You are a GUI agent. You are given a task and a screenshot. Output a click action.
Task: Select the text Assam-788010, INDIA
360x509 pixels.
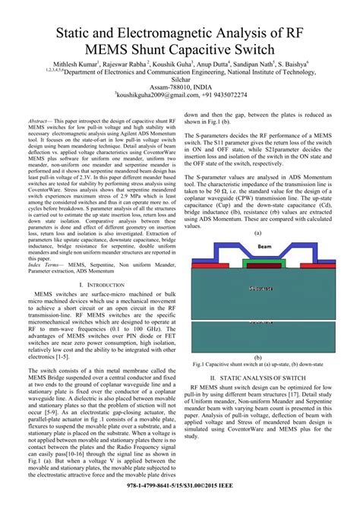coord(180,87)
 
